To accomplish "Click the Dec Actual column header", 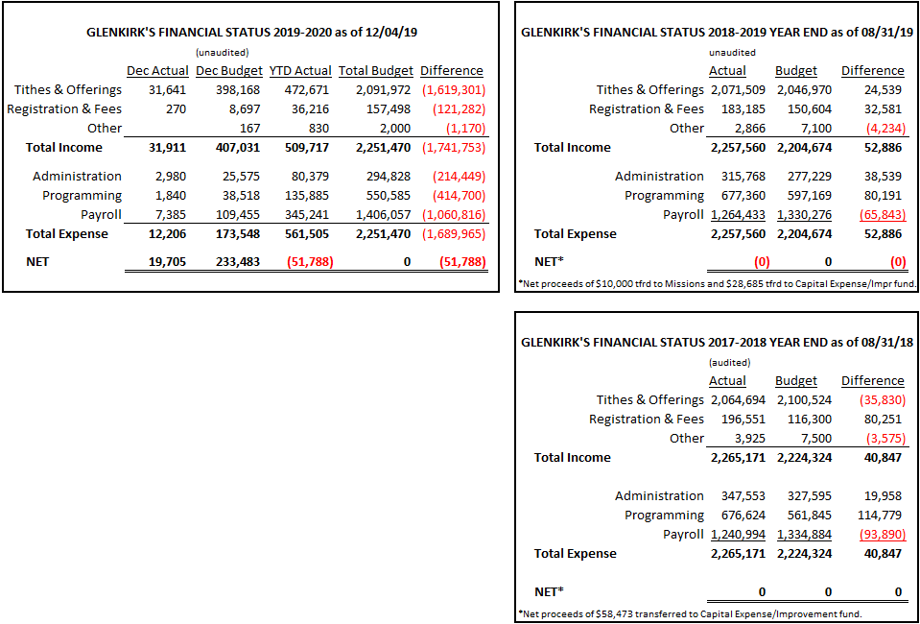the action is point(158,71).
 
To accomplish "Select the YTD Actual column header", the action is point(300,71).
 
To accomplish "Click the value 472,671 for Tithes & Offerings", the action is point(311,90).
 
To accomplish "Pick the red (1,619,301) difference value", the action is point(453,90).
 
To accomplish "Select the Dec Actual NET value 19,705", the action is point(169,262).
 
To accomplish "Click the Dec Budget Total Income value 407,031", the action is point(241,147).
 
